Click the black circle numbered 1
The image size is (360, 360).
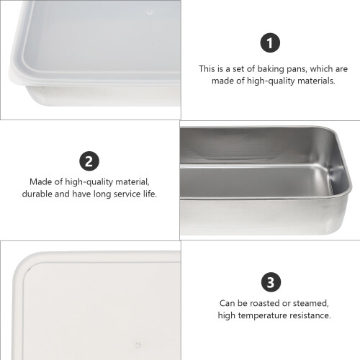point(270,42)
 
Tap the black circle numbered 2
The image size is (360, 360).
point(89,161)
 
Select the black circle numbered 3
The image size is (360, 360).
point(271,282)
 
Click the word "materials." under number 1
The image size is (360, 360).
point(316,81)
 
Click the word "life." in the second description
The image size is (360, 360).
point(150,194)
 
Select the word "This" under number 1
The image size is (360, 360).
point(207,69)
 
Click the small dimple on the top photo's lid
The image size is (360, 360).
point(150,12)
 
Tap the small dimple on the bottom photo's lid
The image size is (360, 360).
point(138,345)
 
